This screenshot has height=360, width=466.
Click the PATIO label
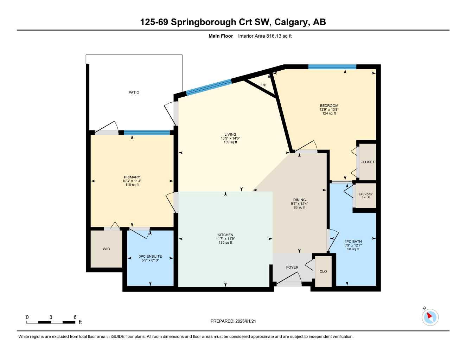[x=134, y=92]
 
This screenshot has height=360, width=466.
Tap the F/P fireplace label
[x=263, y=85]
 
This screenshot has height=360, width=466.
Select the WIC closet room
[x=106, y=249]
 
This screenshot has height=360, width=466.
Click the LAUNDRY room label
[x=366, y=194]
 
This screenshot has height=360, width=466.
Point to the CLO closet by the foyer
[x=323, y=271]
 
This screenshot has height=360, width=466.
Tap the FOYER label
[x=292, y=268]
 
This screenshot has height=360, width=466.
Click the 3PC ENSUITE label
[x=150, y=256]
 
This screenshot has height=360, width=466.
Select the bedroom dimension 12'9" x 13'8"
[x=329, y=109]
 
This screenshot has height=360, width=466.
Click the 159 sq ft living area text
[x=230, y=142]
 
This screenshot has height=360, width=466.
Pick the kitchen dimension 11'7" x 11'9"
[x=225, y=239]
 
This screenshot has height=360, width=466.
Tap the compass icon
[x=430, y=317]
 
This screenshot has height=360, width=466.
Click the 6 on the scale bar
[x=75, y=317]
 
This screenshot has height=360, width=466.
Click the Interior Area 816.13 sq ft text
[x=265, y=36]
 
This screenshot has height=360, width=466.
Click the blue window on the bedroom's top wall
[x=332, y=67]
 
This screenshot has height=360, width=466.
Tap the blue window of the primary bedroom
[x=147, y=133]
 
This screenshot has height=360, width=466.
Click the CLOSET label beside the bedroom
[x=368, y=162]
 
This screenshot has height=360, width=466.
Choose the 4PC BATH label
[x=353, y=242]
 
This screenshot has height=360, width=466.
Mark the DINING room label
[x=299, y=200]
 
